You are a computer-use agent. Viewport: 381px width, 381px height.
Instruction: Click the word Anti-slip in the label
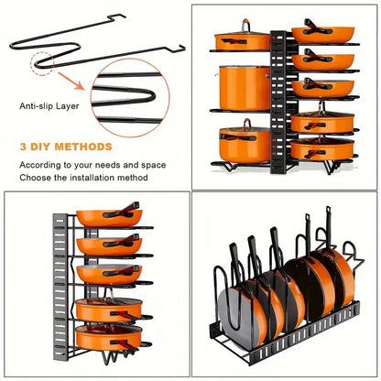(33, 104)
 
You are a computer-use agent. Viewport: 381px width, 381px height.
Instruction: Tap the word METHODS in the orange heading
(86, 146)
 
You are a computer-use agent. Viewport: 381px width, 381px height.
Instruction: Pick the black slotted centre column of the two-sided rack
(280, 101)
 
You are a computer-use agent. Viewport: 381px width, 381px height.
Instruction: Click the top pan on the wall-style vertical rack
(107, 218)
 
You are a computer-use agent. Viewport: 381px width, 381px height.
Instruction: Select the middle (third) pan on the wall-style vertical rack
(107, 272)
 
